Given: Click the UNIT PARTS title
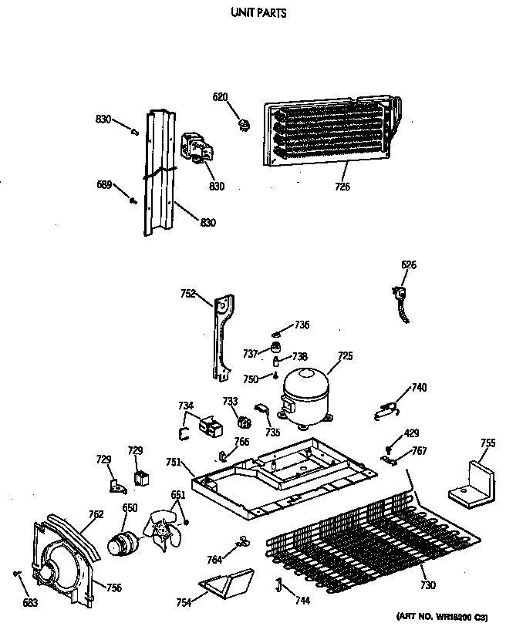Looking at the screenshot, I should coord(254,13).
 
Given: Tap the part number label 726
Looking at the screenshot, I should coord(342,186).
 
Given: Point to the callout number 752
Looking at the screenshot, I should coord(188,293).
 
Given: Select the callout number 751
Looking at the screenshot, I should coord(174,462).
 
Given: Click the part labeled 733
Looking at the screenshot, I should coord(245,421).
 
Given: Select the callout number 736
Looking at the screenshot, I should coord(302,325).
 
